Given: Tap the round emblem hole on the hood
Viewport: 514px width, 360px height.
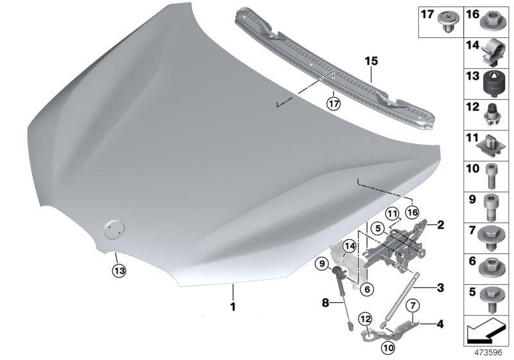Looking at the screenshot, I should pyautogui.click(x=114, y=228).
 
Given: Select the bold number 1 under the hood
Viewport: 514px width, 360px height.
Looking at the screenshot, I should pyautogui.click(x=233, y=307).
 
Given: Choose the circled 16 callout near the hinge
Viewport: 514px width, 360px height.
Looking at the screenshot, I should pyautogui.click(x=411, y=212).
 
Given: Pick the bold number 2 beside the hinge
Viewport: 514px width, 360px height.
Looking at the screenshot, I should pyautogui.click(x=440, y=226).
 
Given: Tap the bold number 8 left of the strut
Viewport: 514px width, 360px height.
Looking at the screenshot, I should pyautogui.click(x=325, y=301).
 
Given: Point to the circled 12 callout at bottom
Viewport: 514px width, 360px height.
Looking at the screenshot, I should pyautogui.click(x=365, y=318).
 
